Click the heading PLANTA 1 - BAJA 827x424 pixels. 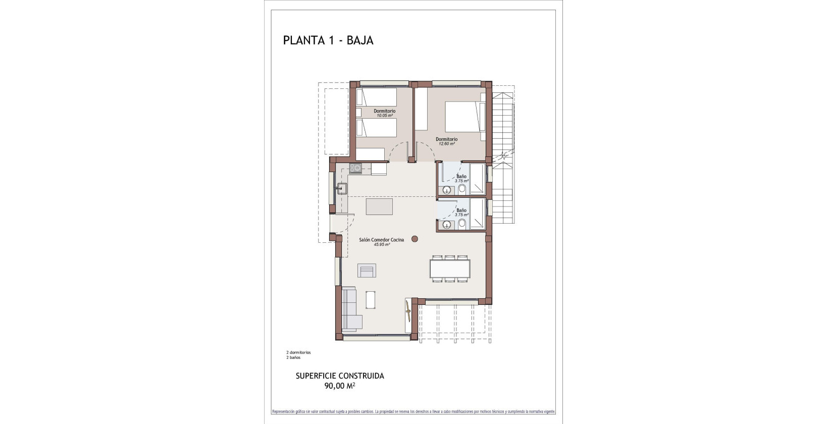[328, 40]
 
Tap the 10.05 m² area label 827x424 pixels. [384, 116]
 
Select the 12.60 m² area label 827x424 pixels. [446, 144]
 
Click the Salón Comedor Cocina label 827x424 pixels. [381, 240]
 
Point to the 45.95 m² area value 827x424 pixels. [381, 245]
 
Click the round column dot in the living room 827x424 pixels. [415, 239]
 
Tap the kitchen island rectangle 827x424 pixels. [379, 206]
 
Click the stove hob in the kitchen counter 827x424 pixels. [356, 168]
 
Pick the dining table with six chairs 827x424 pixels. [450, 268]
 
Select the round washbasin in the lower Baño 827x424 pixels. [446, 225]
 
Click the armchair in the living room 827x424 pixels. [367, 271]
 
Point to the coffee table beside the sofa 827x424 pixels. [371, 299]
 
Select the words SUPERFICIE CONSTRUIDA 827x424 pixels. [339, 376]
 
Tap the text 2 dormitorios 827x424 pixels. [298, 352]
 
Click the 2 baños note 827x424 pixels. [293, 357]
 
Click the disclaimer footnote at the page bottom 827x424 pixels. [413, 412]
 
